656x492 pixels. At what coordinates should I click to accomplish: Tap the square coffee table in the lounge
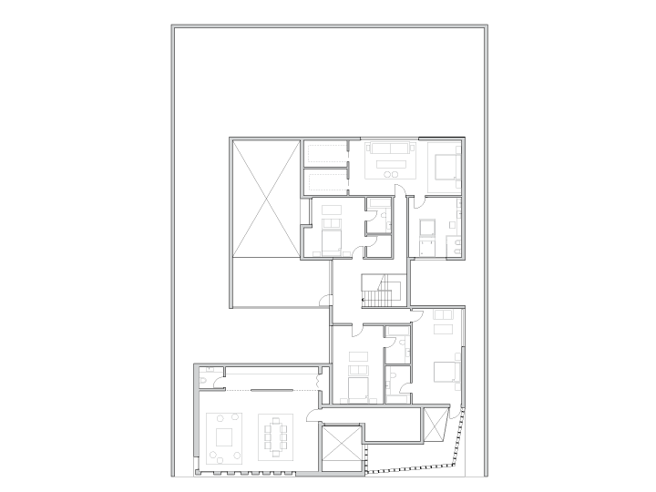223,436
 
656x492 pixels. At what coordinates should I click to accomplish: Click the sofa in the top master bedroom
389,149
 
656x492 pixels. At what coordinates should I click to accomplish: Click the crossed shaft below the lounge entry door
342,449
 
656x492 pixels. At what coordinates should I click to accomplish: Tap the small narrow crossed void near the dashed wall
435,425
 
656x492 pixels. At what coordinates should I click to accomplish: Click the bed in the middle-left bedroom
329,241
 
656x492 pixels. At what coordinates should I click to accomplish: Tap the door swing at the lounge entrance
313,416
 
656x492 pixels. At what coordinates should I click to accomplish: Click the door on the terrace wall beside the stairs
324,297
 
